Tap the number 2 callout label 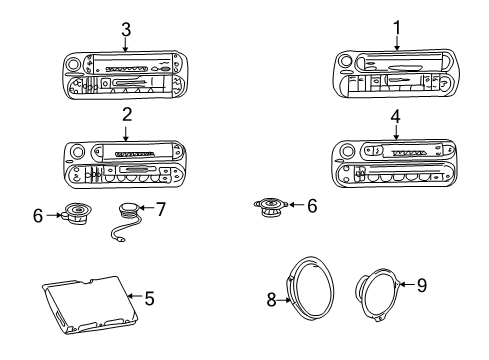click(x=126, y=115)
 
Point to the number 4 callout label click(x=396, y=115)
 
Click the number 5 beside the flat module click(x=150, y=297)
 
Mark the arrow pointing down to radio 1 click(x=397, y=43)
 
